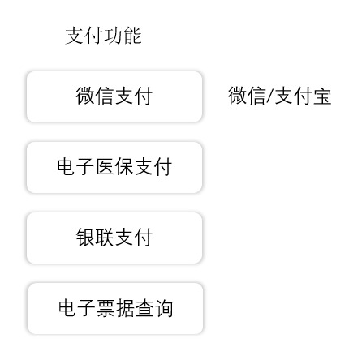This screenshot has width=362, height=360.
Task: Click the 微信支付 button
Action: click(114, 96)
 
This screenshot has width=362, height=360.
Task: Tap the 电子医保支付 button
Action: click(114, 167)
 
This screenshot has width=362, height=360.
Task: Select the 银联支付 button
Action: click(114, 238)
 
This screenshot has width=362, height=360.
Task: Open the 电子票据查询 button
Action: click(115, 308)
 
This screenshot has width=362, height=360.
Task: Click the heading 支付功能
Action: click(103, 36)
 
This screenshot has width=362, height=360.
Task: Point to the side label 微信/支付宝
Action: click(280, 96)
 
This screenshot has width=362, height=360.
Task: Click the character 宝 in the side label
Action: click(322, 96)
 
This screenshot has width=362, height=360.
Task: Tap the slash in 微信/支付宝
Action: click(270, 96)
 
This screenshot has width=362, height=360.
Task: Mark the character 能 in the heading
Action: click(132, 36)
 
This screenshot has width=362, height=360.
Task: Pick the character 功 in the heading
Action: click(113, 36)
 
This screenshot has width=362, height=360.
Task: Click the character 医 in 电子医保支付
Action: click(105, 166)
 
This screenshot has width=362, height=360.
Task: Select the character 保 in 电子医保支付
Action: click(124, 166)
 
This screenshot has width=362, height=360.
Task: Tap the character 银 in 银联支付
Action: click(85, 237)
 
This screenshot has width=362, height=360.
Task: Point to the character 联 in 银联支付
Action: click(105, 237)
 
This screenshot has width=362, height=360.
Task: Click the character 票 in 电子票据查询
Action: click(106, 308)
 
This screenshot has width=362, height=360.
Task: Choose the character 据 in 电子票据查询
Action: click(125, 308)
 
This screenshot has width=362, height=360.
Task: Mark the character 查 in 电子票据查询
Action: click(144, 308)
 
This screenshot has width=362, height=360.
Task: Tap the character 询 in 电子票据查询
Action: click(163, 308)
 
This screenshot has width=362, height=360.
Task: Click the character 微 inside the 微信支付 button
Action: click(85, 96)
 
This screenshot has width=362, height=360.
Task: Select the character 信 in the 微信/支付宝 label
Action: click(256, 96)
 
